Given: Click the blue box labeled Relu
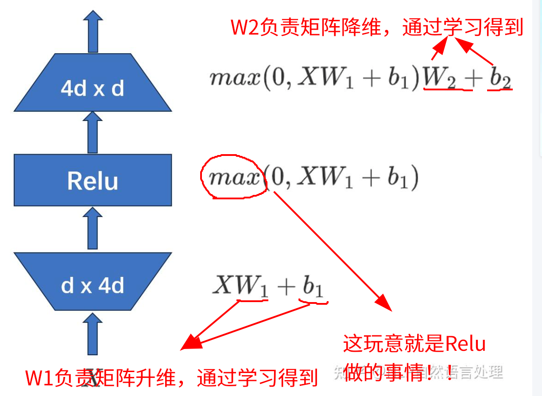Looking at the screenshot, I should click(x=93, y=180).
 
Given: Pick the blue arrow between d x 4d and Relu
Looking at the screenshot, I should click(x=93, y=229).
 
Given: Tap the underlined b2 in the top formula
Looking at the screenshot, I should click(x=500, y=79).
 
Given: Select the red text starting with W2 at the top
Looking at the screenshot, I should click(x=377, y=28).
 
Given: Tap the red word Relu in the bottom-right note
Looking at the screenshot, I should click(x=465, y=344).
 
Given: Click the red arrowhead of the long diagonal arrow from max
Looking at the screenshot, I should click(x=383, y=303).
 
